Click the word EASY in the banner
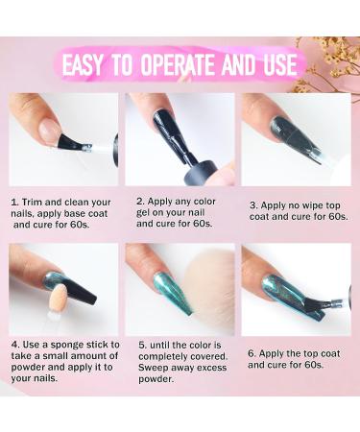(x=83, y=65)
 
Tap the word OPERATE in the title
(x=178, y=65)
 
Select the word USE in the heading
(x=279, y=65)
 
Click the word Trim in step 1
(x=32, y=203)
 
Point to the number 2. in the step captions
(x=140, y=202)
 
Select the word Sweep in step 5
(x=153, y=368)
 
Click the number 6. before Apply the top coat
(x=252, y=354)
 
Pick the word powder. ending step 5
(x=156, y=379)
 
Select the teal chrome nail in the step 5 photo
(x=172, y=292)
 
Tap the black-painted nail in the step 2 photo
(x=167, y=128)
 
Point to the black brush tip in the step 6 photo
(x=315, y=305)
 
